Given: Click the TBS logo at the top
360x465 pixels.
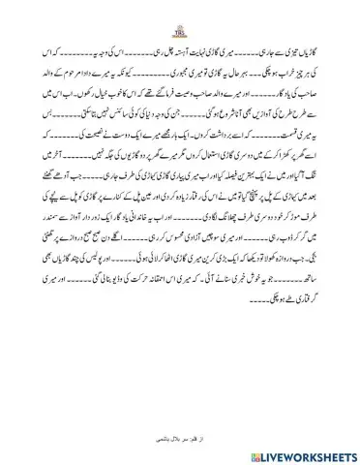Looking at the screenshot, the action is click(x=179, y=21).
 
